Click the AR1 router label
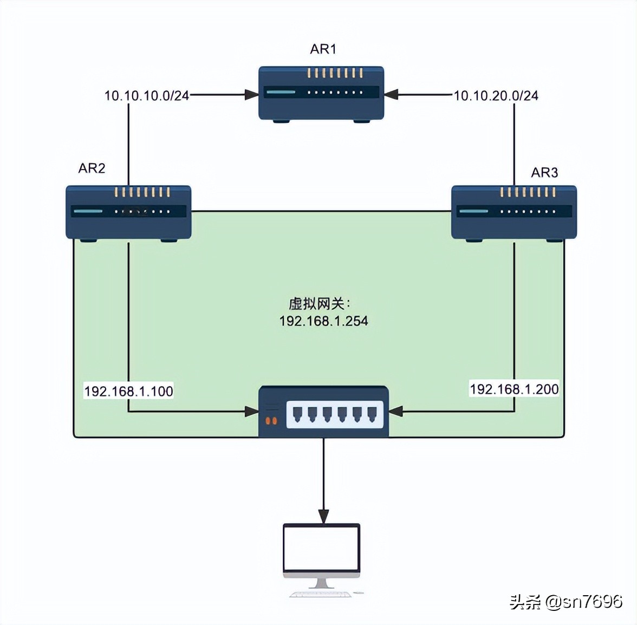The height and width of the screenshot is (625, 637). (323, 49)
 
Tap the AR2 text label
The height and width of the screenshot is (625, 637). (92, 168)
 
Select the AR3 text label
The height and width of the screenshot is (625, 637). (544, 172)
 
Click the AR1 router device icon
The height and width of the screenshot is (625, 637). (321, 93)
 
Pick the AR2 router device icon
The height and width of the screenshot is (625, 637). (128, 212)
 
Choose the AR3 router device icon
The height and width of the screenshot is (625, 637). (513, 212)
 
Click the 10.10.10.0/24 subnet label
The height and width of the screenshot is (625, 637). (146, 96)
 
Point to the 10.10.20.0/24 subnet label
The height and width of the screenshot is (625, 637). (496, 96)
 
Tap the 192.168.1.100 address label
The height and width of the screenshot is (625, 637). (128, 391)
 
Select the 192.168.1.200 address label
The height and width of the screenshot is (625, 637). (513, 389)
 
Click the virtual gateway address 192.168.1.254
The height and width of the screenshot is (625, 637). (323, 321)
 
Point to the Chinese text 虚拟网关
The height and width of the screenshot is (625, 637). (317, 303)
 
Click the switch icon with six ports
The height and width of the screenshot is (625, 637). (323, 412)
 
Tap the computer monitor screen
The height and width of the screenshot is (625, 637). (322, 546)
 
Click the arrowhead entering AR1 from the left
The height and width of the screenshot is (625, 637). (251, 95)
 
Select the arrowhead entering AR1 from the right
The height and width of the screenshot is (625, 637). (392, 95)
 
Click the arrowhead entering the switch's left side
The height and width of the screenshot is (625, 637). (252, 412)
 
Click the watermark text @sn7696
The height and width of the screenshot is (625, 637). (583, 602)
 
